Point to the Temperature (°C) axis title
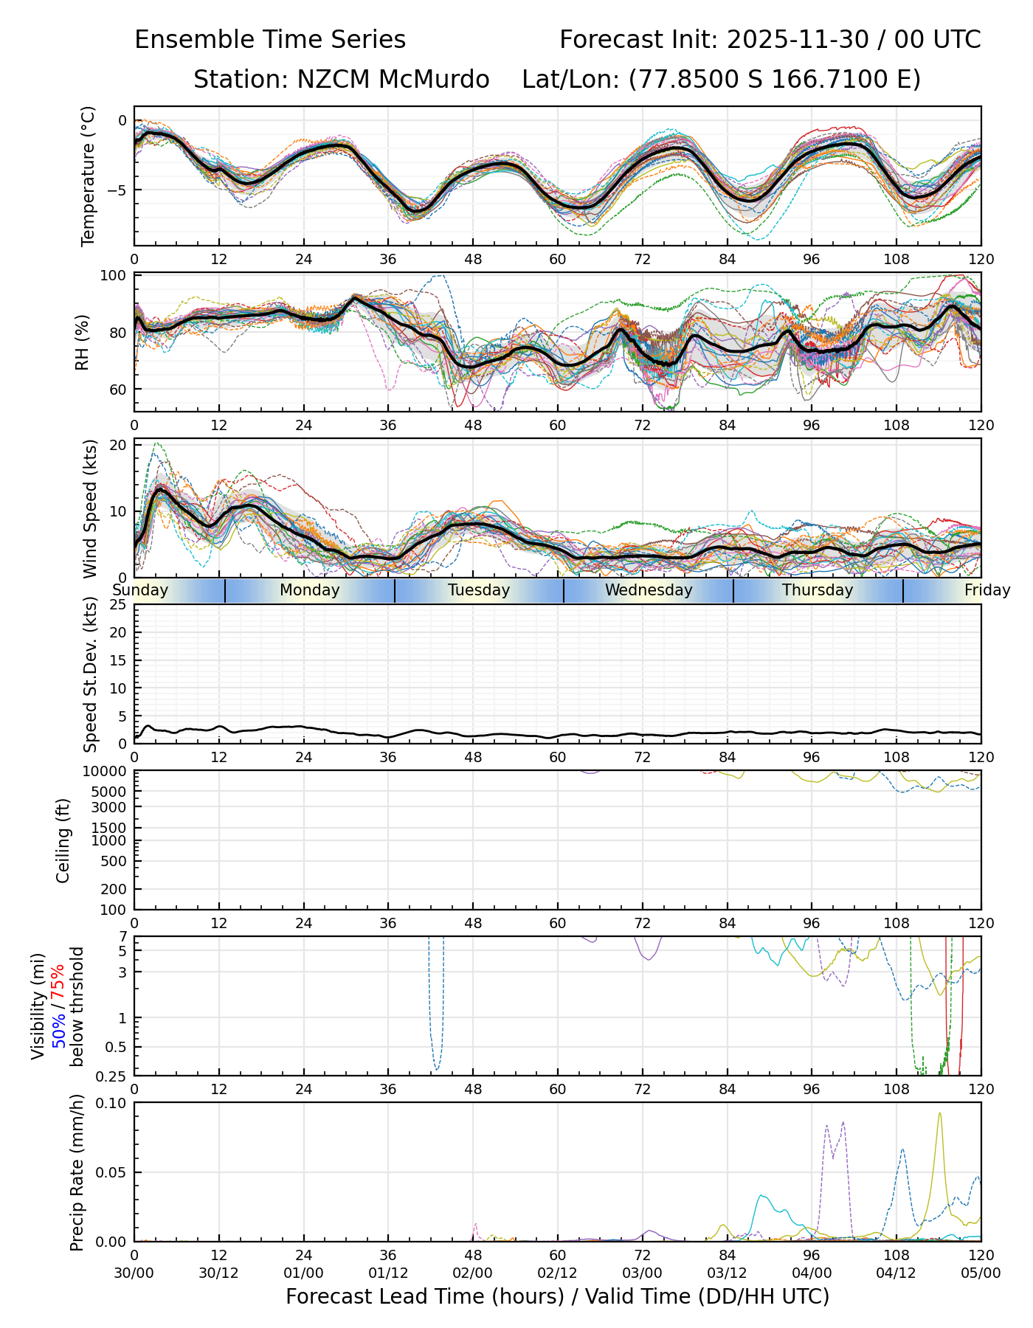tap(89, 176)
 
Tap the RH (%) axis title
tap(83, 342)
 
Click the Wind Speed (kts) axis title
tap(90, 508)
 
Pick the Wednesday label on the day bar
tap(649, 590)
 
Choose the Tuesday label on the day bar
tap(479, 590)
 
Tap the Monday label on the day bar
tap(309, 590)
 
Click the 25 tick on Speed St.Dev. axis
tap(118, 605)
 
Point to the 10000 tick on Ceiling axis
tap(108, 771)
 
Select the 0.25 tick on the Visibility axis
tap(114, 1075)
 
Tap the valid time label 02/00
tap(473, 1273)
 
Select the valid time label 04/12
tap(896, 1273)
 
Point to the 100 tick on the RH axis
tap(114, 276)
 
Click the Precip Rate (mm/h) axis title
tap(77, 1172)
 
